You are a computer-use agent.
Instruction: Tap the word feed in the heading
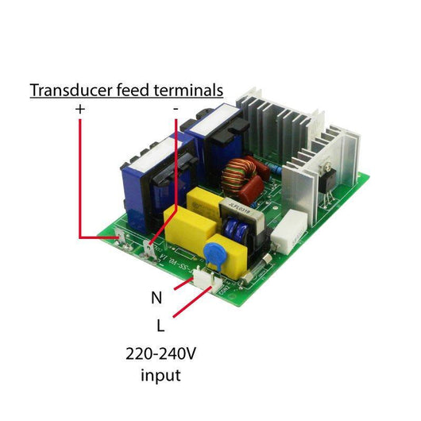coord(133,91)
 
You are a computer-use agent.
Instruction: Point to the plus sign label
coord(80,110)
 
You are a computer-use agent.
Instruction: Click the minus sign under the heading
coord(176,109)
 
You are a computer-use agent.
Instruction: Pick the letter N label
coord(156,298)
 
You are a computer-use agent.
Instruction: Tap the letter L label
coord(160,326)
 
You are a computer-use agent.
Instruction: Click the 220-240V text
coord(160,353)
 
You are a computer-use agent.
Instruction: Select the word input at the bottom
coord(160,376)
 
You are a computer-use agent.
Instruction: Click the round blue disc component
coord(214,253)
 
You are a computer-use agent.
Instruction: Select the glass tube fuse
coord(254,270)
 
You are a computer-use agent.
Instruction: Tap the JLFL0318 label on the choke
coord(240,208)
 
